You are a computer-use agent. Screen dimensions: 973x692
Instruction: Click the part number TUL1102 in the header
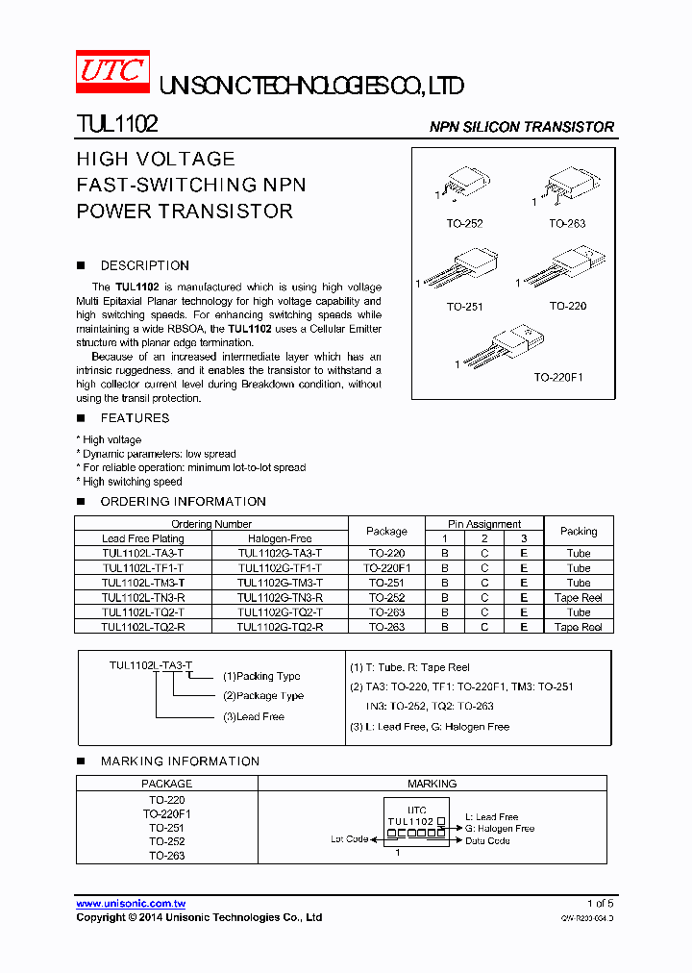[x=117, y=125]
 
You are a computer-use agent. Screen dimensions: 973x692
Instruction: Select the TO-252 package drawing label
[x=464, y=224]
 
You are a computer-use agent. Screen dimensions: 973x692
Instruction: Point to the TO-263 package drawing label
[x=567, y=224]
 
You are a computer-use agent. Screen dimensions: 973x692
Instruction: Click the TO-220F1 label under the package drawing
[x=558, y=378]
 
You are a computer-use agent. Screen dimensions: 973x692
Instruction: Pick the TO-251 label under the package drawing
[x=464, y=308]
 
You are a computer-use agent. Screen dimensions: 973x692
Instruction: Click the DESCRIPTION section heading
[x=144, y=265]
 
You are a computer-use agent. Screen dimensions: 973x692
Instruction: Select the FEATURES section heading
[x=135, y=418]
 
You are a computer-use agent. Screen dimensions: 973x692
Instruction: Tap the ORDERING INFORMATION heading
[x=183, y=502]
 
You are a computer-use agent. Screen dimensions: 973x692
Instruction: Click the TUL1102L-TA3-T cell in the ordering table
[x=142, y=554]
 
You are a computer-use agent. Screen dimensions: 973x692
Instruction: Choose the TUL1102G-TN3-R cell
[x=280, y=598]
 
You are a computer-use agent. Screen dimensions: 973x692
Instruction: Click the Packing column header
[x=579, y=531]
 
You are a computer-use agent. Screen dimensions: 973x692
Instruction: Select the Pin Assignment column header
[x=484, y=524]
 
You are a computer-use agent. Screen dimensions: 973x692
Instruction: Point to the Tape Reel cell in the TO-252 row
[x=579, y=598]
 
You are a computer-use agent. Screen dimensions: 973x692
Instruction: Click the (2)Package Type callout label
[x=262, y=696]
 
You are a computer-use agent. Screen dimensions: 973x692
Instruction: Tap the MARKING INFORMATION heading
[x=180, y=761]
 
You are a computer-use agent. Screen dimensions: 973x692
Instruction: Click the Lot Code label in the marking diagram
[x=350, y=839]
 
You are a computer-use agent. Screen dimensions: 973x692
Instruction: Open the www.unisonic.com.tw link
[x=131, y=904]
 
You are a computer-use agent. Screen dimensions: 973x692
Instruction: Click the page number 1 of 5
[x=600, y=904]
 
